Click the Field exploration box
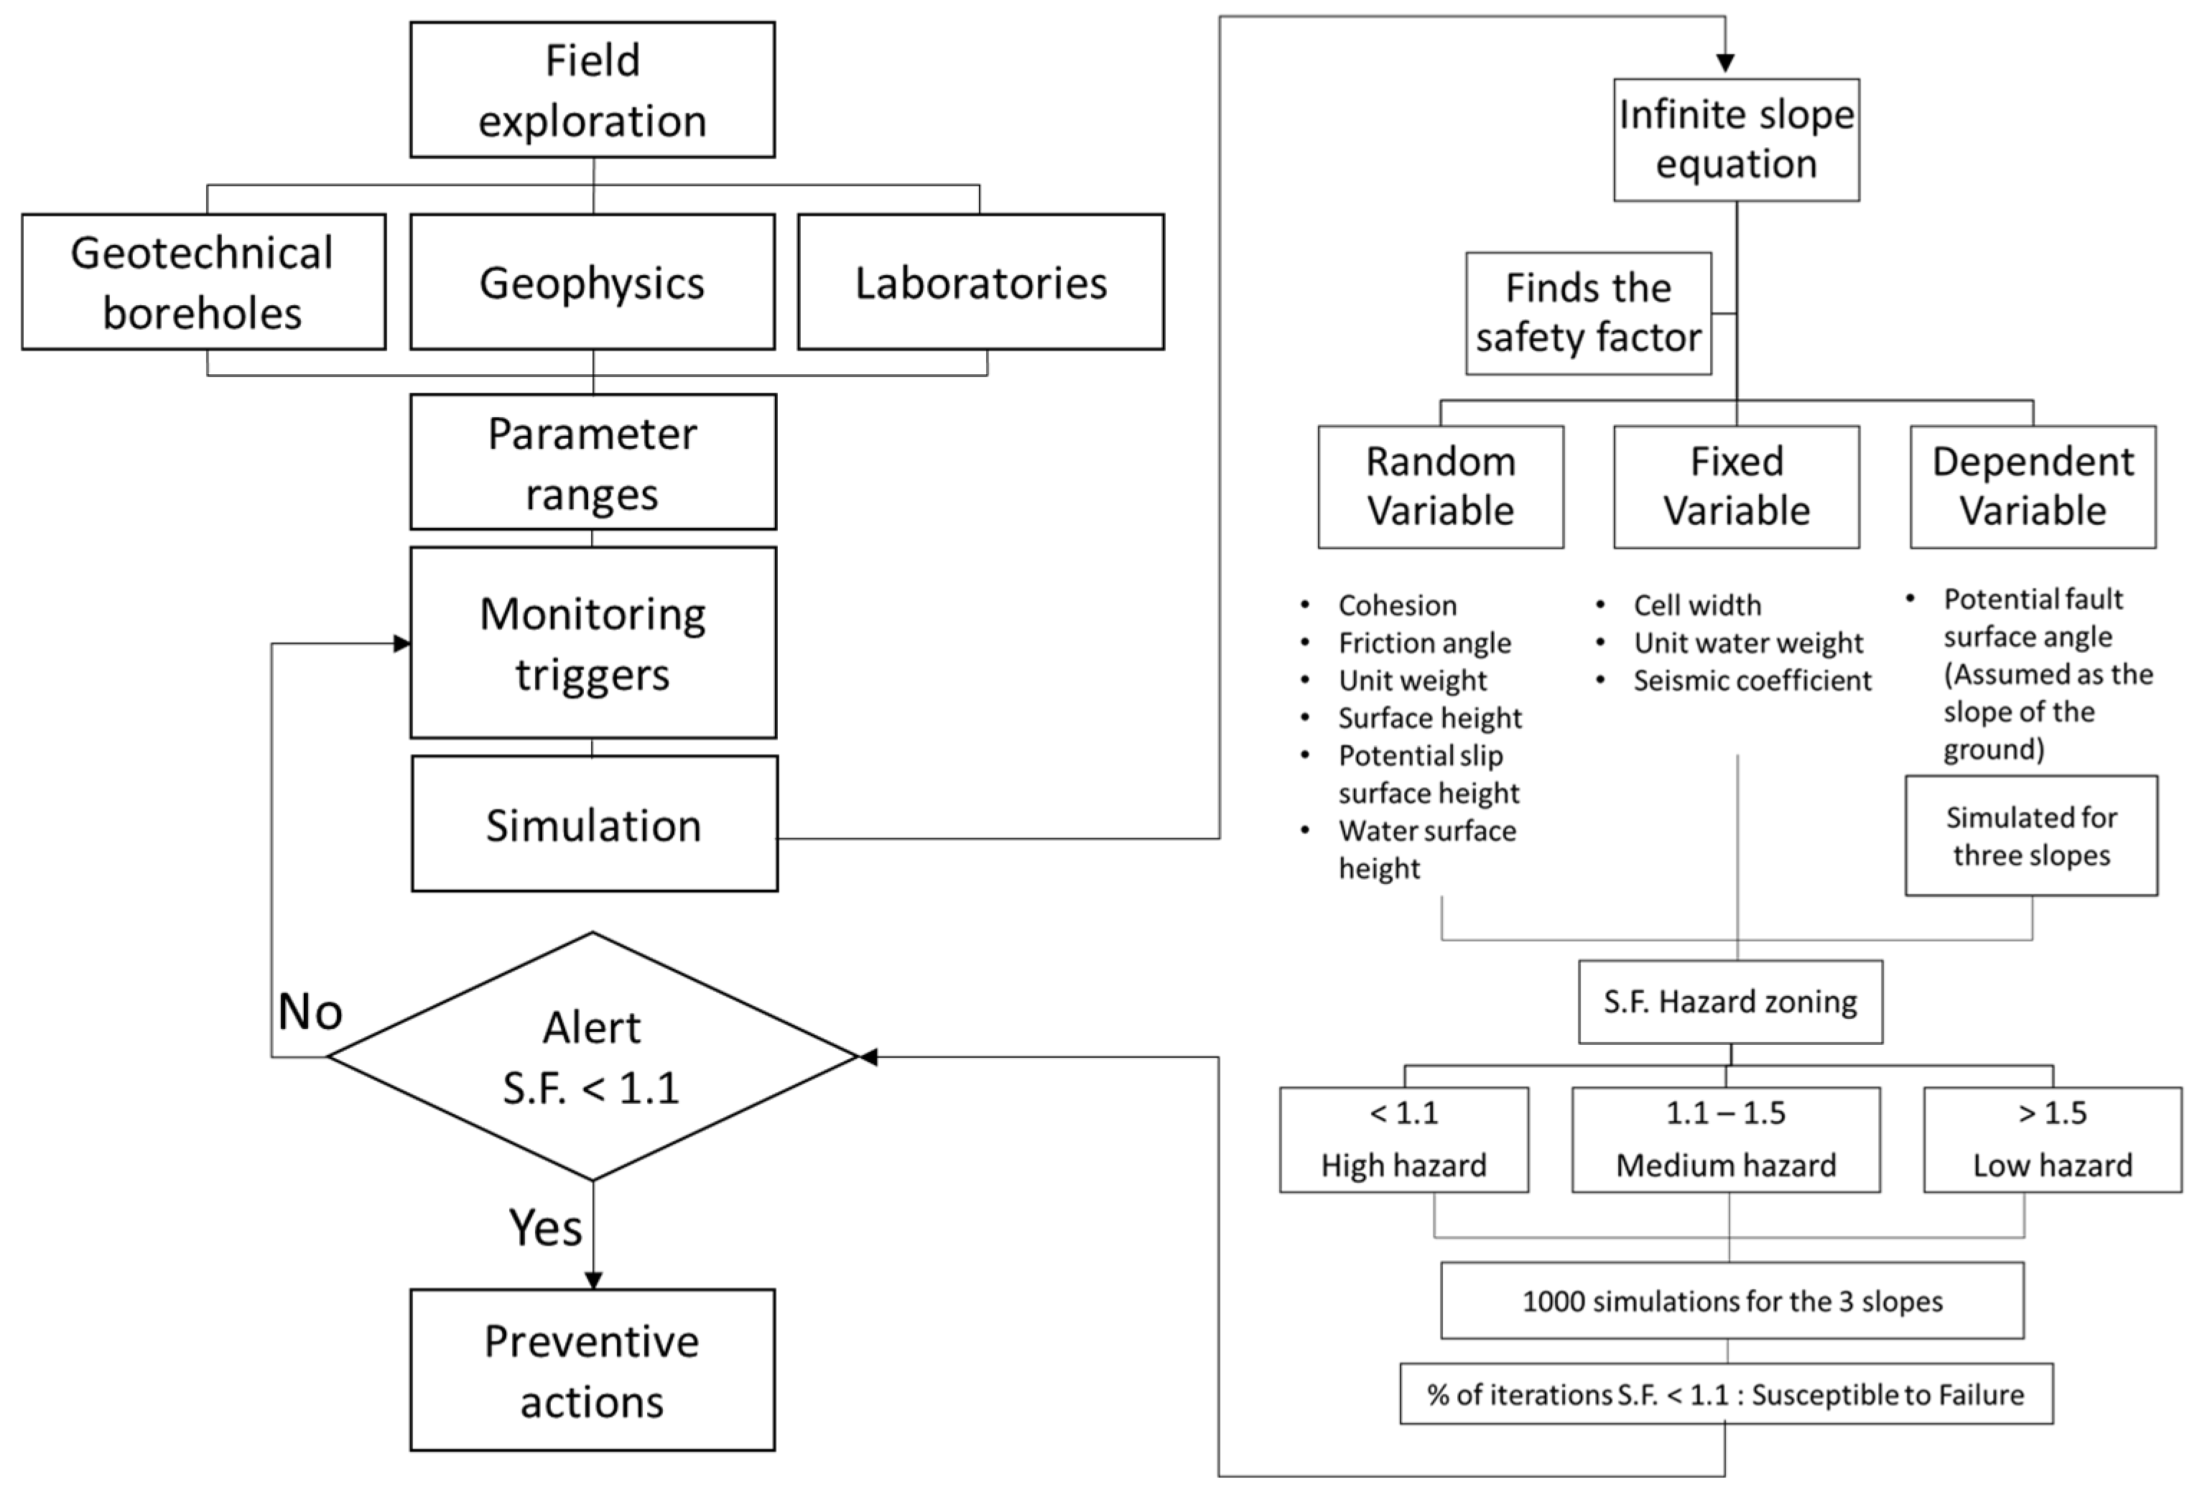coord(592,90)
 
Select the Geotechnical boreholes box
coord(203,282)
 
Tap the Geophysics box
coord(592,282)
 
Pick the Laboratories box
coord(980,282)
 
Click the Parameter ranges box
coord(593,462)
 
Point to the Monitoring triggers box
coord(593,643)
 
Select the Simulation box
coord(594,824)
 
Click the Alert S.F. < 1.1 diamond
coord(592,1056)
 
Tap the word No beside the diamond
coord(310,1013)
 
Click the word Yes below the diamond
coord(544,1229)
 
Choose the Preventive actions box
coord(592,1370)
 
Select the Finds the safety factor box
coord(1588,313)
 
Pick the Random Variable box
coord(1441,487)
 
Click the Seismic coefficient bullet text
coord(1752,681)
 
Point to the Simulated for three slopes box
coord(2030,835)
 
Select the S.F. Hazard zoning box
coord(1730,1002)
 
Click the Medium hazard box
coord(1725,1140)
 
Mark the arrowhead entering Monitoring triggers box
coord(401,643)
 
